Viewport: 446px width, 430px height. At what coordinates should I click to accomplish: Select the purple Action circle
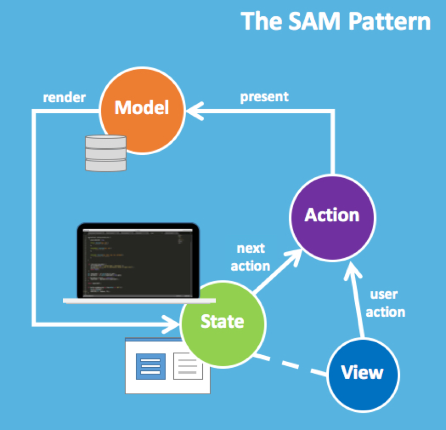pyautogui.click(x=332, y=214)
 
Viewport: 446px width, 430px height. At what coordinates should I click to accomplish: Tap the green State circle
pyautogui.click(x=222, y=322)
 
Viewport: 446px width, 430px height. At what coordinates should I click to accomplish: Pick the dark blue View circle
pyautogui.click(x=363, y=372)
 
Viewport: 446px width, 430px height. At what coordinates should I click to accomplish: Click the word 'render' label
pyautogui.click(x=64, y=97)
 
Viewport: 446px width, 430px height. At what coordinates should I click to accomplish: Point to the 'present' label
pyautogui.click(x=264, y=97)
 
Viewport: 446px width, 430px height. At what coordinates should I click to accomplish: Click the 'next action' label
pyautogui.click(x=250, y=257)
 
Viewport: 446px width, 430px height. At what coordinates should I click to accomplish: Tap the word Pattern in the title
pyautogui.click(x=389, y=22)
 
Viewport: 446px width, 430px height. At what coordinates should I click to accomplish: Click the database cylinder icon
pyautogui.click(x=105, y=153)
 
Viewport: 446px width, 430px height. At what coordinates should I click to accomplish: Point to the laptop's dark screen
pyautogui.click(x=137, y=262)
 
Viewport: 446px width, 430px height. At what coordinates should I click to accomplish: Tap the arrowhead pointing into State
pyautogui.click(x=174, y=325)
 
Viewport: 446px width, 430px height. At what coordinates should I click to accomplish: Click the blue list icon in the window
pyautogui.click(x=150, y=367)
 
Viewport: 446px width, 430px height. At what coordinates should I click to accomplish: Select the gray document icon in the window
pyautogui.click(x=188, y=366)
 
